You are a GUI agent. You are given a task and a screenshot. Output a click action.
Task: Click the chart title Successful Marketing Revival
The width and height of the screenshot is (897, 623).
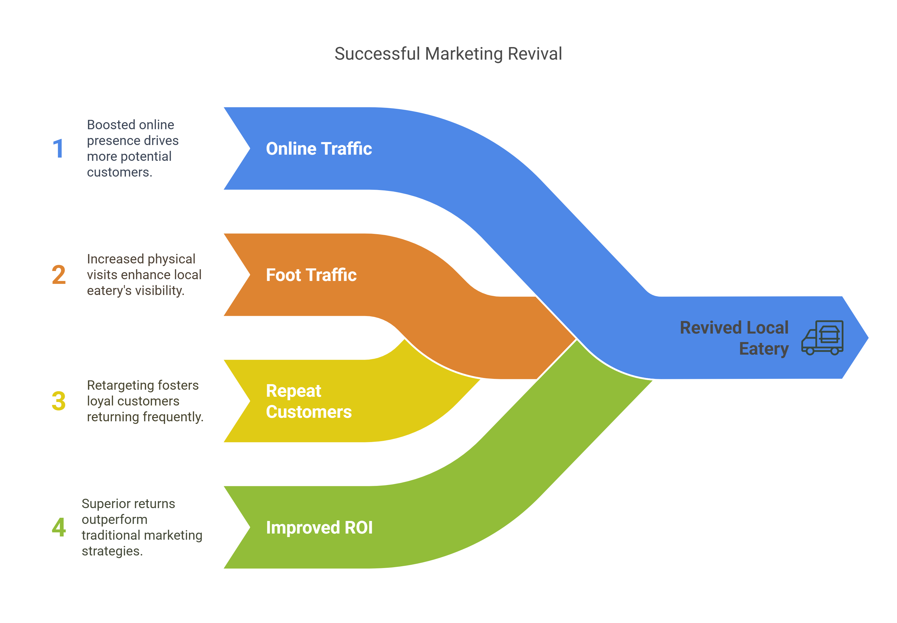click(x=448, y=54)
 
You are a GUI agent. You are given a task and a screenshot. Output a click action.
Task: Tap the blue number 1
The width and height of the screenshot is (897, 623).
click(x=58, y=149)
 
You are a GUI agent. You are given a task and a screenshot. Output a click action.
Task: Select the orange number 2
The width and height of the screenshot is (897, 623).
click(x=59, y=275)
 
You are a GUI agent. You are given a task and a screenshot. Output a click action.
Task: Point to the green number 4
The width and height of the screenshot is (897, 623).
click(x=59, y=527)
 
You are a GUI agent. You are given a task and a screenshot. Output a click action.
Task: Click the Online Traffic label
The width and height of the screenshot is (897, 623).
click(x=319, y=149)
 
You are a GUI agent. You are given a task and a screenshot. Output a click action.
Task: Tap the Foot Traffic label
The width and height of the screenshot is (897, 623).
click(x=311, y=275)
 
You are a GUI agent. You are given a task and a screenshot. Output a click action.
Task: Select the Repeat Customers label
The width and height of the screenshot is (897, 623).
click(x=309, y=401)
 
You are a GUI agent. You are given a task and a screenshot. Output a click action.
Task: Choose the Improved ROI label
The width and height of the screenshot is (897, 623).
click(x=319, y=527)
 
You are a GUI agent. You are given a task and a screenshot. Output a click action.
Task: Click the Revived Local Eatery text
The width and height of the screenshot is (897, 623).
click(x=734, y=338)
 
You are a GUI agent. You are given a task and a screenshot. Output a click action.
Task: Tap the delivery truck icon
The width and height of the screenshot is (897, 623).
click(x=822, y=338)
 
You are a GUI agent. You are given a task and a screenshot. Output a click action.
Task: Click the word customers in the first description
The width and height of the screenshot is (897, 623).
click(x=119, y=172)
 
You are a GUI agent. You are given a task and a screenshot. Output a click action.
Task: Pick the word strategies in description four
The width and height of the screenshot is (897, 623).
click(x=112, y=551)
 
